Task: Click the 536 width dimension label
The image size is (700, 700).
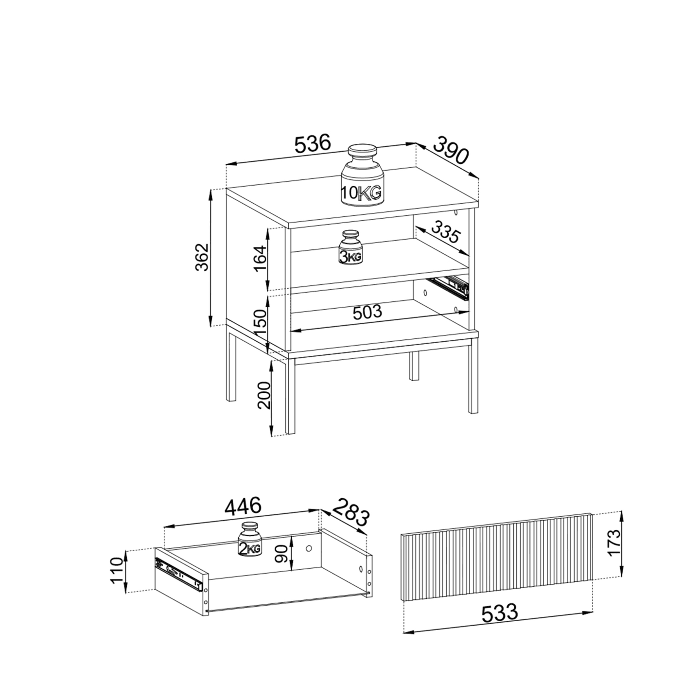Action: (x=313, y=144)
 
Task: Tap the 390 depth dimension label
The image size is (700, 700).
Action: (x=450, y=151)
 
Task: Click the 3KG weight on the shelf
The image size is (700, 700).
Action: (x=350, y=248)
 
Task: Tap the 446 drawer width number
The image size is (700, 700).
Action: (x=243, y=507)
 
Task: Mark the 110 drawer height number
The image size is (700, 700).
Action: (x=117, y=571)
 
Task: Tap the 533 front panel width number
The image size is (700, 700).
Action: (x=500, y=613)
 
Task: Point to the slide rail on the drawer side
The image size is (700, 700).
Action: (x=178, y=574)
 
